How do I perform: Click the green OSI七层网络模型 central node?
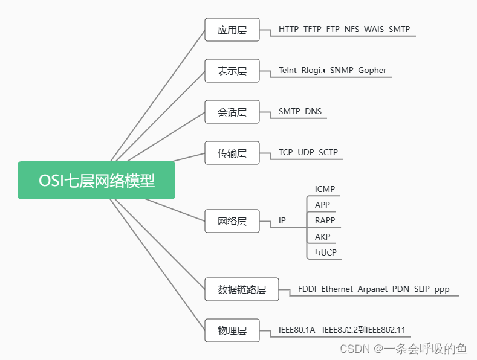point(97,181)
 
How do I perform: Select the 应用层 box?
point(232,30)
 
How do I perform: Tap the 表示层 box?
point(232,71)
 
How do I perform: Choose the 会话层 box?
point(232,112)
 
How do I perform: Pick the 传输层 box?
point(232,153)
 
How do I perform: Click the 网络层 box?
point(232,221)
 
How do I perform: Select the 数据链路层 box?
point(241,289)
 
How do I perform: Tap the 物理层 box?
point(232,330)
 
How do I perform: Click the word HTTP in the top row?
point(288,29)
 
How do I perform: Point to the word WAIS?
point(374,29)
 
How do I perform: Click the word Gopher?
point(372,70)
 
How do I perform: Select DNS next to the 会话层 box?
point(313,111)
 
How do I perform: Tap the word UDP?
point(305,152)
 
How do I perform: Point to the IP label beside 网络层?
point(282,221)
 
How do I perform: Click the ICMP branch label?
point(325,189)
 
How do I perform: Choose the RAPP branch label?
point(325,220)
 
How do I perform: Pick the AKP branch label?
point(323,237)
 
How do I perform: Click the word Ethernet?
point(337,289)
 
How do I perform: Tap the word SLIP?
point(422,289)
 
